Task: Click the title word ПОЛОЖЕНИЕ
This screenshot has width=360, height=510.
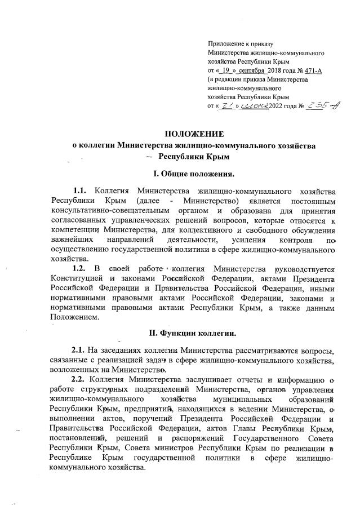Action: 194,134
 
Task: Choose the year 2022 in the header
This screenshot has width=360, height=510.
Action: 281,106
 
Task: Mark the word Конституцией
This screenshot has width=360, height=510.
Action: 77,280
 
